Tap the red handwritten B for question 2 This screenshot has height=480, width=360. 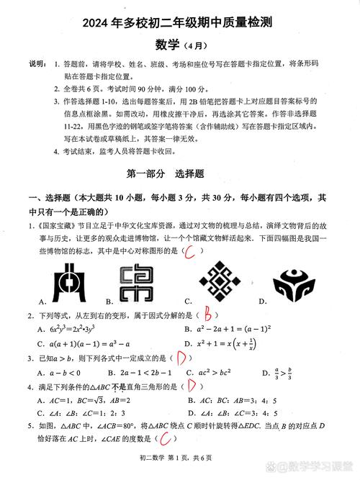click(207, 314)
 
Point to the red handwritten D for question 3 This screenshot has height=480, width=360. click(182, 358)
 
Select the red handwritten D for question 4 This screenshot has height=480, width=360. click(192, 386)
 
